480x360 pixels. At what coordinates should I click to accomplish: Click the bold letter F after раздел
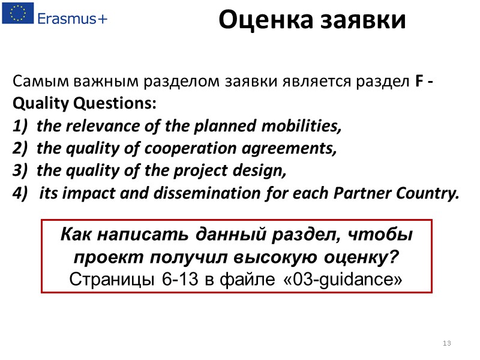(419, 81)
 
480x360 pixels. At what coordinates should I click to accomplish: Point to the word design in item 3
(262, 171)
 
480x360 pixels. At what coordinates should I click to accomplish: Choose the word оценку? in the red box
(366, 257)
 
